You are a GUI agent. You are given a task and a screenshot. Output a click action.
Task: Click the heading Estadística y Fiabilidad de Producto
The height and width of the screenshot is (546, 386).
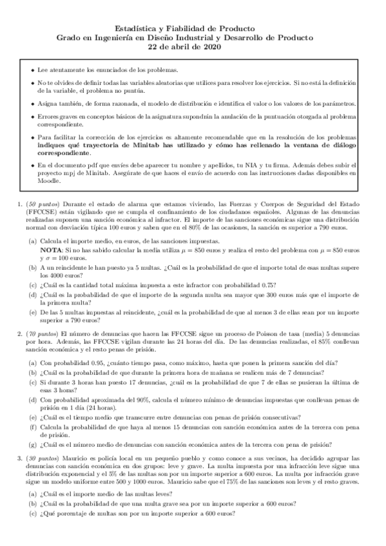(x=193, y=28)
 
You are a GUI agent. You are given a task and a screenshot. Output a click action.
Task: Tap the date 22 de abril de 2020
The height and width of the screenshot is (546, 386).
(x=193, y=47)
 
